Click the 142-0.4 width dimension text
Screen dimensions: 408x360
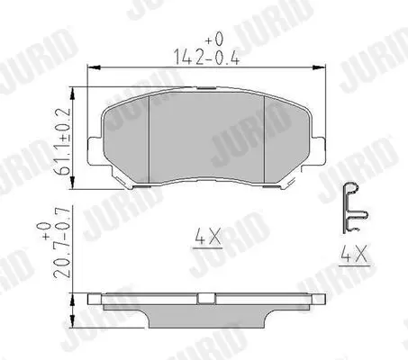click(206, 58)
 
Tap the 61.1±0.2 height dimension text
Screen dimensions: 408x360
click(62, 141)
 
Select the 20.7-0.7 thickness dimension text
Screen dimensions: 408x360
click(62, 242)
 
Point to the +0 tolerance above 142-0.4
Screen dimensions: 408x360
click(214, 39)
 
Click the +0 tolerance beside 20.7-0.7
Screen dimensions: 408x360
click(46, 231)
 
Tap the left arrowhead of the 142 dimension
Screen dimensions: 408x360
click(94, 67)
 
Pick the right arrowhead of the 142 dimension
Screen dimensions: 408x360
click(319, 67)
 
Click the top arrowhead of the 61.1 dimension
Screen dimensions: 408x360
click(72, 94)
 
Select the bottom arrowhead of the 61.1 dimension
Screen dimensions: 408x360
click(72, 183)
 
